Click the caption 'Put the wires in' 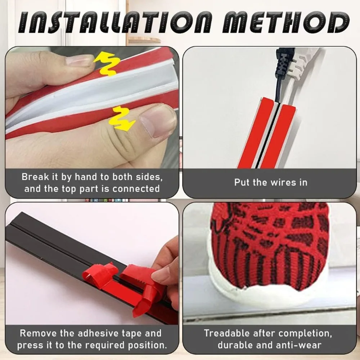(271, 182)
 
